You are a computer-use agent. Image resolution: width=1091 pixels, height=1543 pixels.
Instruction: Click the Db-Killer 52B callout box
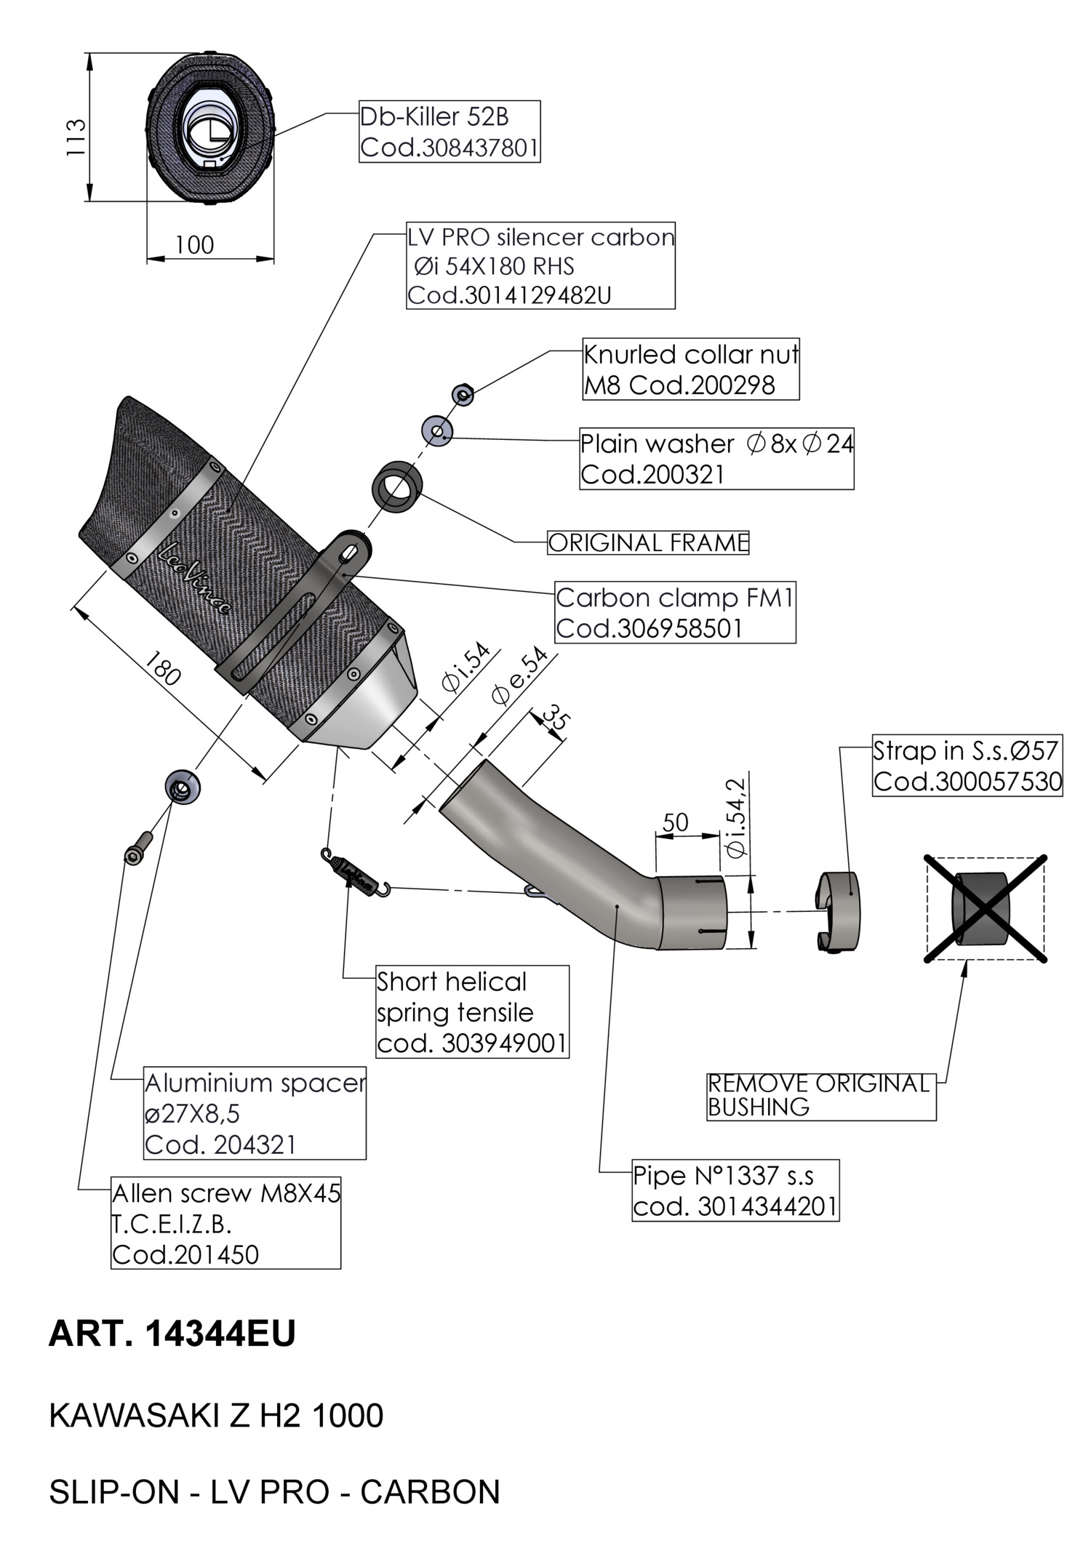tap(449, 132)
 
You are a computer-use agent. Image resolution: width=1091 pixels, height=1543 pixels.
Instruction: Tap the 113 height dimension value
tap(76, 137)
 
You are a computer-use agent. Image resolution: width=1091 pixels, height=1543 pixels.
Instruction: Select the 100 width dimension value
tap(194, 245)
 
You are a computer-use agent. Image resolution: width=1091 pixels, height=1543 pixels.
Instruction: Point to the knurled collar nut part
tap(463, 395)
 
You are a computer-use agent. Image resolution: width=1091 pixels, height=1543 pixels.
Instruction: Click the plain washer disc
tap(437, 432)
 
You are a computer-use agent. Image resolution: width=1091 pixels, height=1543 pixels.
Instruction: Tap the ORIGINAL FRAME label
tap(647, 543)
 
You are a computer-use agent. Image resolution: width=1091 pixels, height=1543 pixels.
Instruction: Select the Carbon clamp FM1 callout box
tap(675, 612)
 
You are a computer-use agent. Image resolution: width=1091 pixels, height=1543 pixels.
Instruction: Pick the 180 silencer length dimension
tap(161, 668)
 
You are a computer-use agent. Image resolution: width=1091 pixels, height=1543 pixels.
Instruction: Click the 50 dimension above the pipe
tap(675, 822)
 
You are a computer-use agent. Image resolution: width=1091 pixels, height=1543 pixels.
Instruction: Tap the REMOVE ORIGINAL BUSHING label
tap(820, 1095)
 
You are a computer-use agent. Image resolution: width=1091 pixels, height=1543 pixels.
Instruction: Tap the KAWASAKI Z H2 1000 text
tap(216, 1416)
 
